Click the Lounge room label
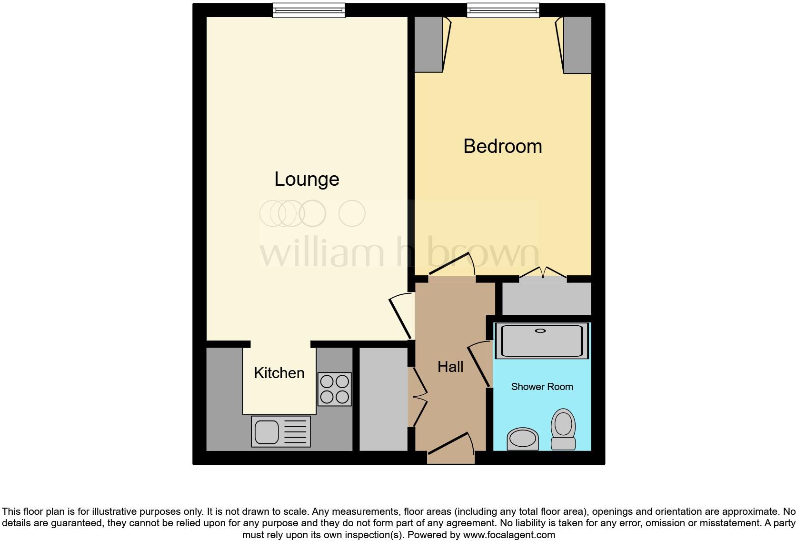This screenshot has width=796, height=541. pyautogui.click(x=307, y=180)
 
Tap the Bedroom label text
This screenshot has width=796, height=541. pyautogui.click(x=502, y=146)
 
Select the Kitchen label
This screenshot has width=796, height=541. pyautogui.click(x=279, y=373)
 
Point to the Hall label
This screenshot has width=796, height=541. pyautogui.click(x=450, y=367)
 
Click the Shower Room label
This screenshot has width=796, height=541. pyautogui.click(x=542, y=387)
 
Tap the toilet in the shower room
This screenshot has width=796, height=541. pyautogui.click(x=563, y=429)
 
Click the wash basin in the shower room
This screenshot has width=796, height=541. pyautogui.click(x=522, y=439)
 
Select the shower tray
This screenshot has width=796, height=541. pyautogui.click(x=541, y=341)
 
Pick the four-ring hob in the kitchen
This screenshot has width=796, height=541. pyautogui.click(x=334, y=389)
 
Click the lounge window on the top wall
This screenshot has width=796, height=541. pyautogui.click(x=308, y=10)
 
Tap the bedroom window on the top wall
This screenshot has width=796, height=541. pyautogui.click(x=503, y=10)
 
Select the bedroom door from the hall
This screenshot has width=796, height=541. pyautogui.click(x=452, y=265)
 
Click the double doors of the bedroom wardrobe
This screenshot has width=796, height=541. pyautogui.click(x=543, y=273)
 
